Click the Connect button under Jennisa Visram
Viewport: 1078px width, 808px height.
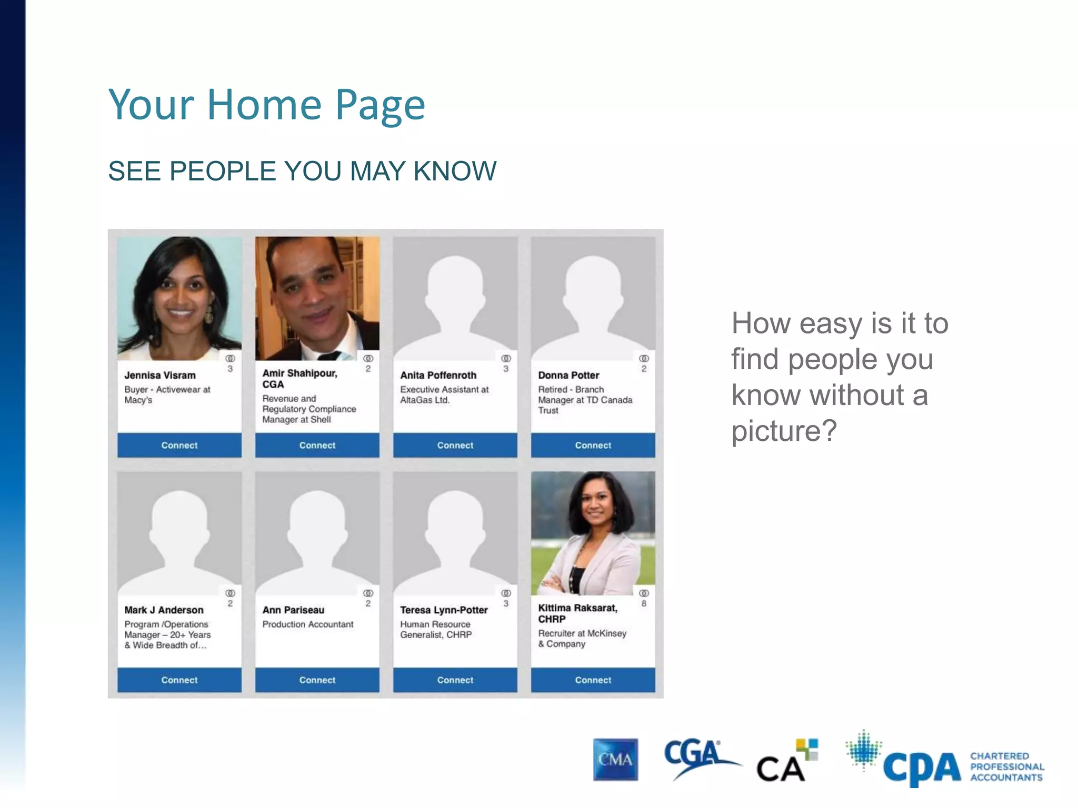pyautogui.click(x=179, y=445)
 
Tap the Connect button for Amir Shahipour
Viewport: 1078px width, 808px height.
pyautogui.click(x=317, y=445)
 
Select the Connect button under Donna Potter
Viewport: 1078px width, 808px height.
pyautogui.click(x=593, y=445)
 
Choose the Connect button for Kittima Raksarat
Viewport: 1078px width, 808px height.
pyautogui.click(x=593, y=680)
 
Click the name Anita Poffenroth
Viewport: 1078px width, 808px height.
pyautogui.click(x=438, y=375)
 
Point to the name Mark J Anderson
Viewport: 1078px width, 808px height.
pyautogui.click(x=164, y=610)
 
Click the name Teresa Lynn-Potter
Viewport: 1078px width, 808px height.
pyautogui.click(x=444, y=610)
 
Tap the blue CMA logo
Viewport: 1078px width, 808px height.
pyautogui.click(x=615, y=759)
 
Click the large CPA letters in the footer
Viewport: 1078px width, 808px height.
pyautogui.click(x=922, y=767)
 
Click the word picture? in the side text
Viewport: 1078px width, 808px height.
pyautogui.click(x=784, y=431)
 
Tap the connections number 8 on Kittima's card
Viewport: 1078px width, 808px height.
pyautogui.click(x=644, y=603)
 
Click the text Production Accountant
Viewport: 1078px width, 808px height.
pyautogui.click(x=308, y=624)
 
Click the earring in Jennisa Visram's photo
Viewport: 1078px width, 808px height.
pyautogui.click(x=208, y=314)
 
